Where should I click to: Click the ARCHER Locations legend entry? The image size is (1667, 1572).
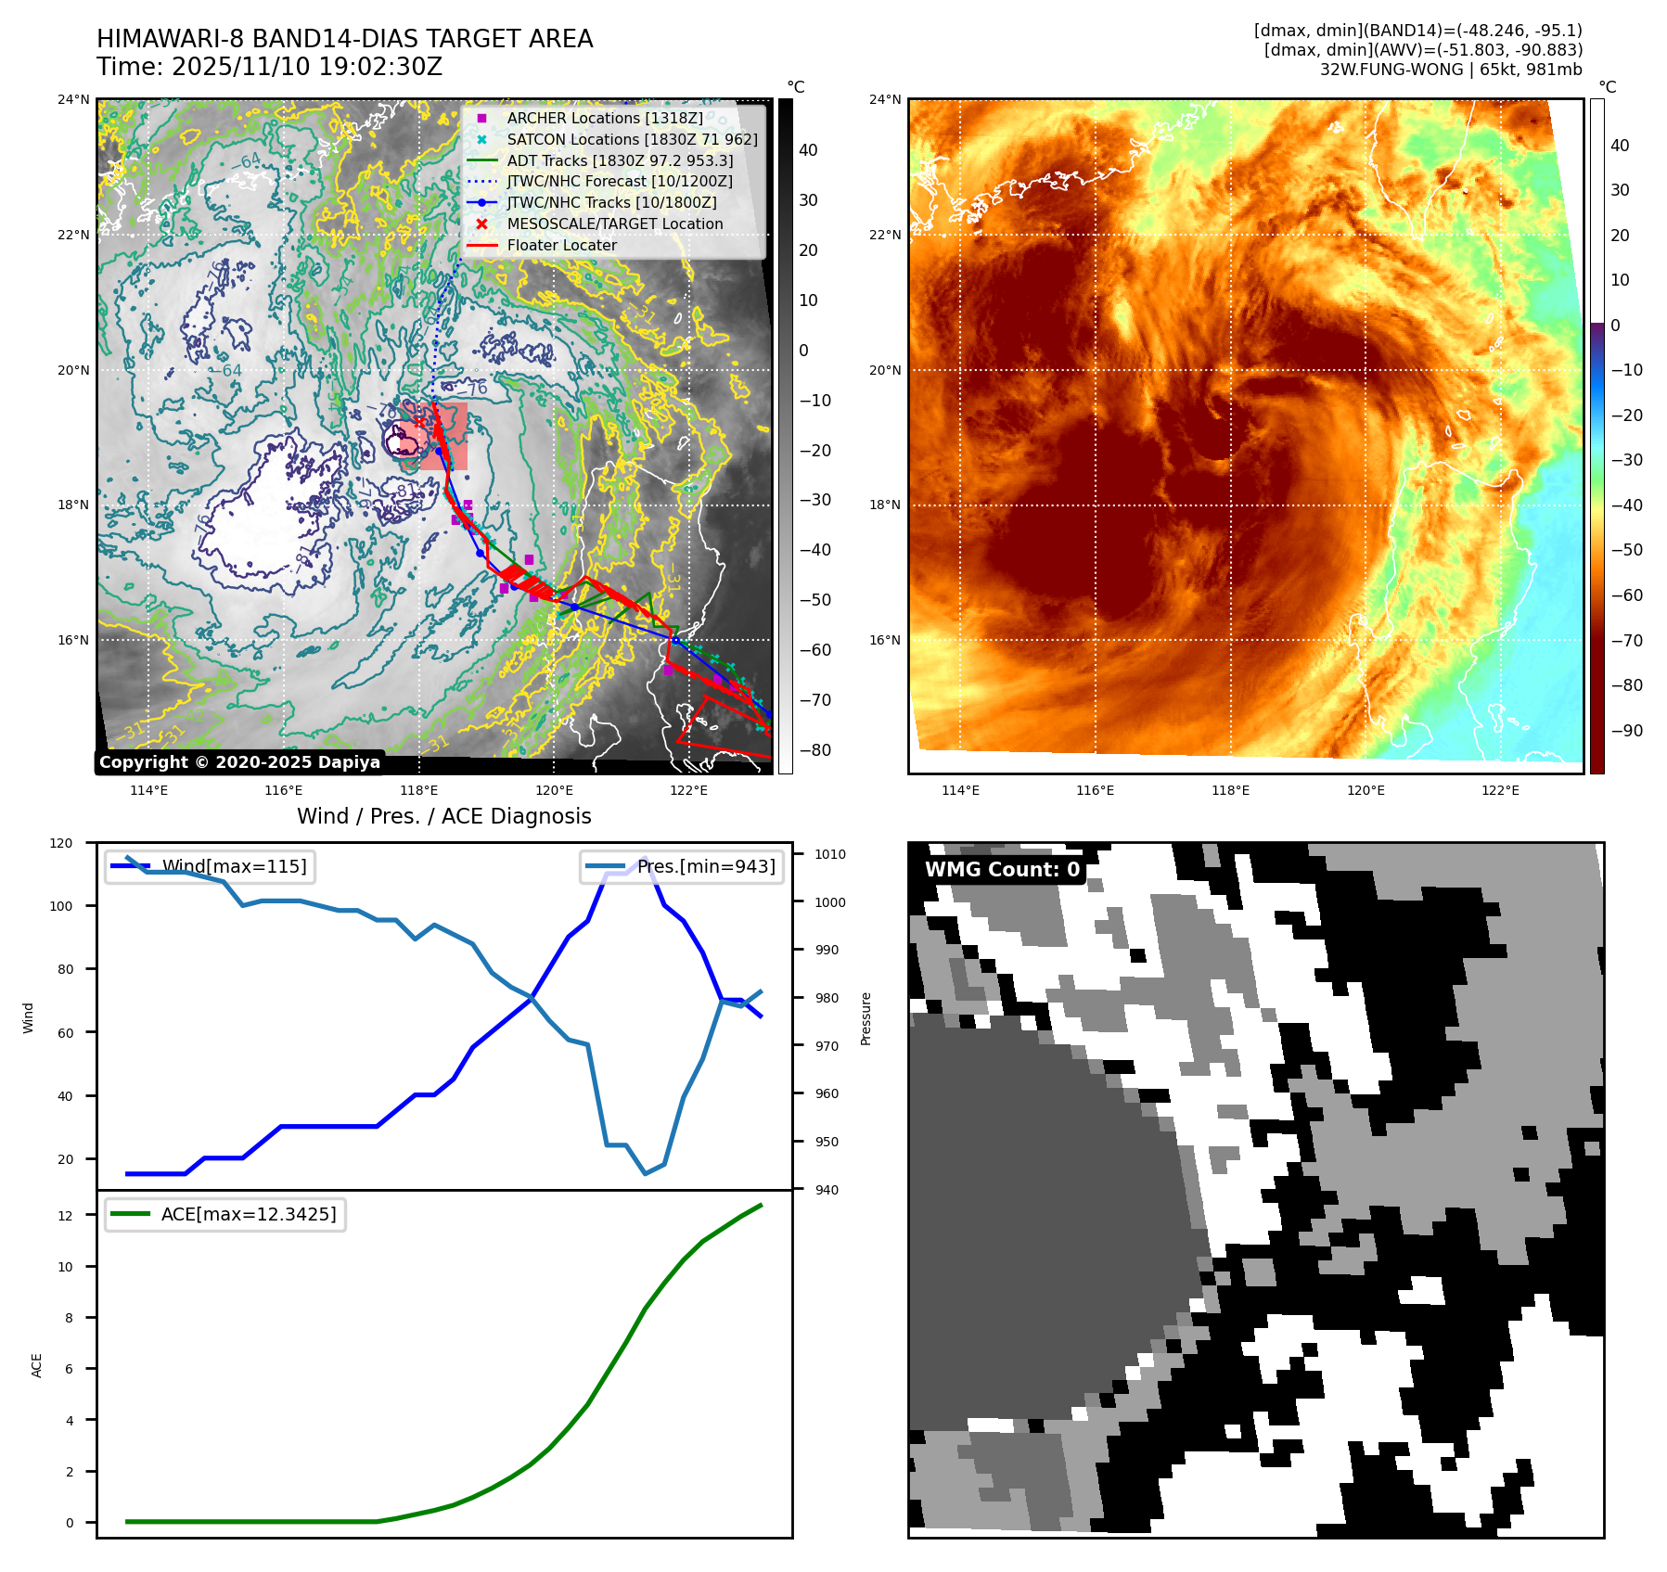(x=604, y=119)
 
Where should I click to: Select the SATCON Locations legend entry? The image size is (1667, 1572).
(x=632, y=140)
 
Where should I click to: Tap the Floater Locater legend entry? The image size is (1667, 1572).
(x=561, y=246)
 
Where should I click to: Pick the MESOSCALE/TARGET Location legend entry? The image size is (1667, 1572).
(x=614, y=224)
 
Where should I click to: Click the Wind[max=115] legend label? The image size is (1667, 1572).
(x=234, y=867)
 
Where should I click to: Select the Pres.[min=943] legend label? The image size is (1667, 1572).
(x=706, y=867)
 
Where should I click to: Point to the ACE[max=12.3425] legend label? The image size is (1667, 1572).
(x=249, y=1215)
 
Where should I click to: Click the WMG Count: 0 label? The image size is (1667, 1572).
(x=1002, y=870)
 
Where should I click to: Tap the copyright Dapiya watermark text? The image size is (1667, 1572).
(x=239, y=762)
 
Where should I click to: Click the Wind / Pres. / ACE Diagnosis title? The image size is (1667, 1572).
(x=443, y=816)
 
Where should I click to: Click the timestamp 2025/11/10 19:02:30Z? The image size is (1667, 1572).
(x=307, y=68)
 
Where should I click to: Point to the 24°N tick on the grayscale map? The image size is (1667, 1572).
(x=74, y=100)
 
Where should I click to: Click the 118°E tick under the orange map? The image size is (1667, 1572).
(x=1230, y=791)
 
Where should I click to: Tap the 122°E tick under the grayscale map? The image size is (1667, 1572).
(x=688, y=791)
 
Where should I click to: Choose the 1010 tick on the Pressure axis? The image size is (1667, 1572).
(x=830, y=855)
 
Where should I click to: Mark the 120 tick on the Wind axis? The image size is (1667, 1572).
(x=61, y=844)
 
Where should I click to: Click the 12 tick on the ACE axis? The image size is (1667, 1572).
(x=65, y=1216)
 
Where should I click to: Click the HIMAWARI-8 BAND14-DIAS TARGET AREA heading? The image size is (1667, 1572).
(x=344, y=40)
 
